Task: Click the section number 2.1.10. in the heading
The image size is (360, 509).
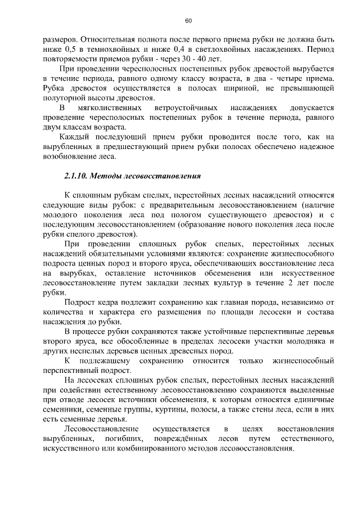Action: tap(76, 177)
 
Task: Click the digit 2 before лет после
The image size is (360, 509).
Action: tap(293, 283)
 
